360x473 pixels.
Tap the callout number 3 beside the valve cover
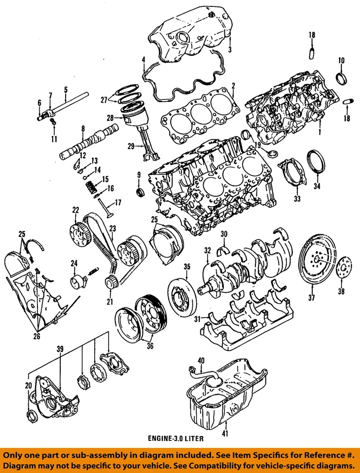(x=229, y=49)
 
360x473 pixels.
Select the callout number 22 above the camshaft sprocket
(x=75, y=210)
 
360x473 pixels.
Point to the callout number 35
(x=187, y=267)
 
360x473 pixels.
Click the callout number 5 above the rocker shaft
(x=65, y=90)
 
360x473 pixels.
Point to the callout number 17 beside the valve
(x=117, y=202)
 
